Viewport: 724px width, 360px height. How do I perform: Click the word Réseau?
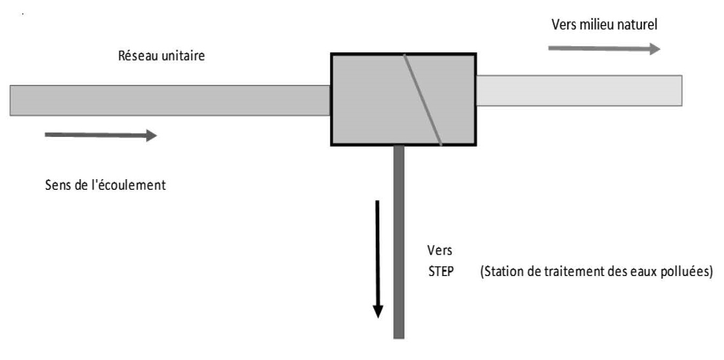135,56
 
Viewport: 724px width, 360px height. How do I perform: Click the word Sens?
57,186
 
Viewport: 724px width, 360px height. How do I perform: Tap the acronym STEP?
441,271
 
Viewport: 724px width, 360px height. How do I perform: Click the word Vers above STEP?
440,250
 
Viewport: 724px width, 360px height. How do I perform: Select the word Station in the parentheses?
500,271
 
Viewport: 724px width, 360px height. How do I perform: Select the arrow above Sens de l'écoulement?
101,135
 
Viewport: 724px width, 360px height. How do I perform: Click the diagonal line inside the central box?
423,99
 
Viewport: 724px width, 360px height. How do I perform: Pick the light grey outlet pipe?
578,90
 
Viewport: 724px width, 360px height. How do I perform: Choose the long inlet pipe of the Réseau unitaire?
170,100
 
